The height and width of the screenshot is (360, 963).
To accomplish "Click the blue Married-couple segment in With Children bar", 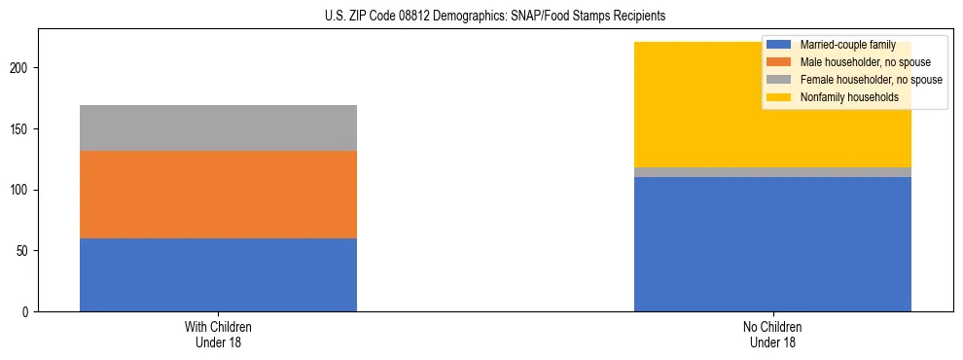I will pos(218,274).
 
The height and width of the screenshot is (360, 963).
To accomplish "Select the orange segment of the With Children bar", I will pos(218,195).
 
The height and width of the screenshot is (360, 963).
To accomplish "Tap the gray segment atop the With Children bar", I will pos(218,127).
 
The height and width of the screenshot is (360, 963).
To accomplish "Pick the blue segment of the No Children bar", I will pos(772,244).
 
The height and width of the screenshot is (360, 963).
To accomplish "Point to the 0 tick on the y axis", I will pos(28,311).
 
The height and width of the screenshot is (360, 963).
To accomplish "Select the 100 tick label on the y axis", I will pos(22,190).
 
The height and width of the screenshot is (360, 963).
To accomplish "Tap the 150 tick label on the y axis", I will pos(22,128).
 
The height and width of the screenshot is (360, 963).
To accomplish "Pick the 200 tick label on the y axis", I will pos(22,68).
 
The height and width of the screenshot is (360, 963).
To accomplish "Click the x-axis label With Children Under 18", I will pos(218,334).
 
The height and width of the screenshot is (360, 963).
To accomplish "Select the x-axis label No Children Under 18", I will pos(772,334).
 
